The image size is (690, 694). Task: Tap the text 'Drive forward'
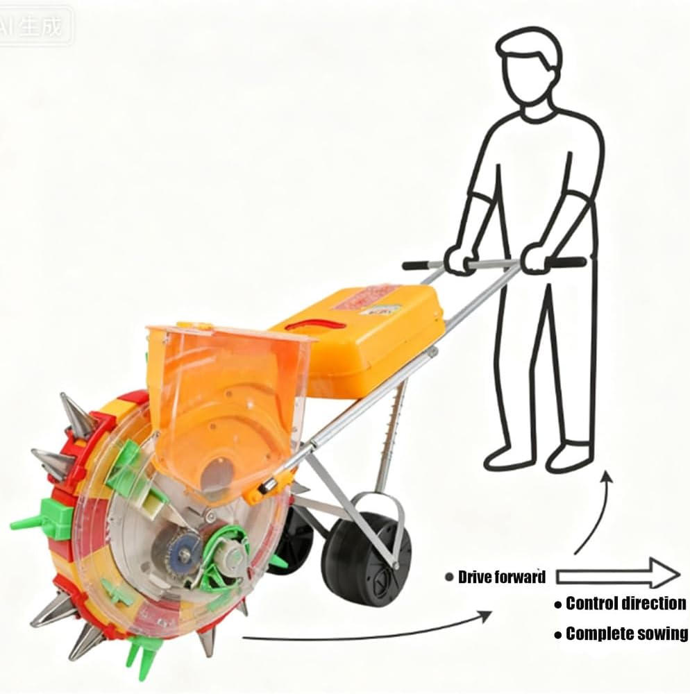pos(502,577)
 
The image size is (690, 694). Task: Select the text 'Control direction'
pos(625,604)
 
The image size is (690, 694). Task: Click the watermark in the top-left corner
pos(35,26)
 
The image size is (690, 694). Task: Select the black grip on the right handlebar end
pos(567,262)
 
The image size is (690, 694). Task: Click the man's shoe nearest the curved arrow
pos(571,457)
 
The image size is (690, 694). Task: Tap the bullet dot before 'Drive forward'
pos(450,577)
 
